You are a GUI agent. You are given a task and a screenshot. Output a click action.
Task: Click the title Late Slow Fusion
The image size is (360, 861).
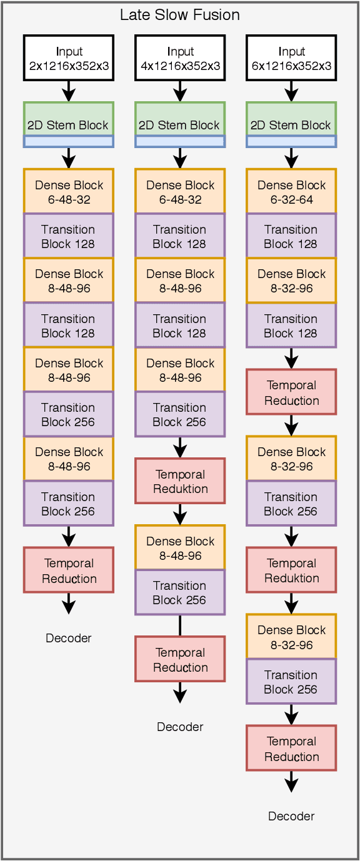point(180,14)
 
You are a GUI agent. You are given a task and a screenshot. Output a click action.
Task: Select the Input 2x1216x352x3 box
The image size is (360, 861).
point(69,58)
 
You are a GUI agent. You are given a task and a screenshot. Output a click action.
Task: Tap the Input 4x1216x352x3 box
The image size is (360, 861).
point(180,58)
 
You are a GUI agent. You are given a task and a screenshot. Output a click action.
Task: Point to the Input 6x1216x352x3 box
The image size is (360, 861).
point(291,58)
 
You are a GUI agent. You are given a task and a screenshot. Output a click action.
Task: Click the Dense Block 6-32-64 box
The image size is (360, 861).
point(291,192)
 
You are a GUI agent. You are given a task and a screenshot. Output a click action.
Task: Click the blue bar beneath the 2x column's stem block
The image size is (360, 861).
point(69,142)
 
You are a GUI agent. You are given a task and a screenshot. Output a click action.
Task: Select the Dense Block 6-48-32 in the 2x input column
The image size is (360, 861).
point(69,192)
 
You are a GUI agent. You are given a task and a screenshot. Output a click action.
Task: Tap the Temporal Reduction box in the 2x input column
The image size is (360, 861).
point(69,570)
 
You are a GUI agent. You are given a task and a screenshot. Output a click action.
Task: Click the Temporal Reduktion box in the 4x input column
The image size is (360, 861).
point(180,481)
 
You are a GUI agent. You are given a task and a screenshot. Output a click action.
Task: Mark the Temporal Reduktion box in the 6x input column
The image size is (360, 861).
point(291,570)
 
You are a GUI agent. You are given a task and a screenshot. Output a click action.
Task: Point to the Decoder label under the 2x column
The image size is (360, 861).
point(69,638)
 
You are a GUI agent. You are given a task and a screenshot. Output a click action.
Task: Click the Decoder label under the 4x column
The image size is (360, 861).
point(180,727)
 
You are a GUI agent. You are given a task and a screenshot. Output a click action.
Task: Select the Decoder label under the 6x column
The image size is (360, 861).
point(291,816)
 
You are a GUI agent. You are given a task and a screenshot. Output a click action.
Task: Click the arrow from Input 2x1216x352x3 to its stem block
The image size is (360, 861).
point(69,91)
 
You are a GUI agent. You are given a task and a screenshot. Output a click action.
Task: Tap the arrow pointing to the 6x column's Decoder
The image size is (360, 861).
point(291,781)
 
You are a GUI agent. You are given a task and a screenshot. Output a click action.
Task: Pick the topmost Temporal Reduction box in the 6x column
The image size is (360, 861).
point(291,392)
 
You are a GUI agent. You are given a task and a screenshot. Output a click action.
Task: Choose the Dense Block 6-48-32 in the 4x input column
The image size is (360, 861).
point(180,192)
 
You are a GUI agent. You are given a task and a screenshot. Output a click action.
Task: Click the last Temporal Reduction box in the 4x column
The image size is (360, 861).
point(180,660)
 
